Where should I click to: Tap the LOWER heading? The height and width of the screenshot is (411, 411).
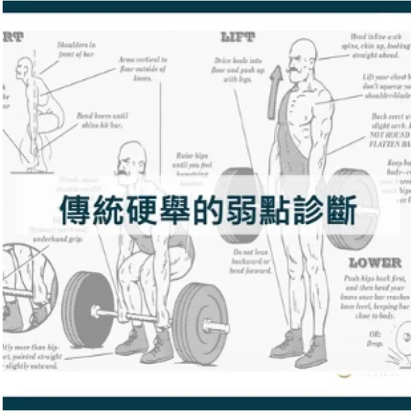(374, 263)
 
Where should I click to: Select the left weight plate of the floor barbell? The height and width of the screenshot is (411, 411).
(87, 310)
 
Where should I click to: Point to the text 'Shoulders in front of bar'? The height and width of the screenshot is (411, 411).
(76, 48)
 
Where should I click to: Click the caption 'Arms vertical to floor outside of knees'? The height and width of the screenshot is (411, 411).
(143, 68)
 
